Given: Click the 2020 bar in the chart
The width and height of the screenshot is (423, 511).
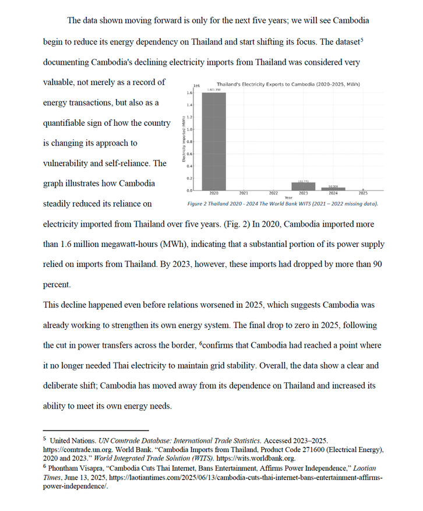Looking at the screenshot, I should click(x=214, y=142).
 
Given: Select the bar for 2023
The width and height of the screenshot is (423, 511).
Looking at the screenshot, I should click(x=303, y=186).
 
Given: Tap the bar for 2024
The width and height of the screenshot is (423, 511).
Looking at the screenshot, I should click(x=333, y=188).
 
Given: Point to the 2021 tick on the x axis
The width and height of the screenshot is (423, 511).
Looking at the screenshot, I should click(x=244, y=193).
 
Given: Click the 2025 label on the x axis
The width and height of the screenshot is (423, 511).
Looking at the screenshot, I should click(x=363, y=193).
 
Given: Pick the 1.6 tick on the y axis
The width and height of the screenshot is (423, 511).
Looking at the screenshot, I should click(x=190, y=93).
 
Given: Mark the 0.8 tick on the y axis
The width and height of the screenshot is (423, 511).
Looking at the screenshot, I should click(x=190, y=142).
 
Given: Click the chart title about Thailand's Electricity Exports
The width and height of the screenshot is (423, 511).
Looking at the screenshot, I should click(x=288, y=84).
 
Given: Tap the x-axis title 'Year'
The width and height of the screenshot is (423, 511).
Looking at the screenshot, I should click(x=288, y=198).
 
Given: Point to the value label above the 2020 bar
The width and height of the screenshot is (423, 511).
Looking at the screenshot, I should click(x=214, y=90).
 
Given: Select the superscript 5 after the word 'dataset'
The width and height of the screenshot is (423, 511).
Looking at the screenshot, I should click(x=362, y=40).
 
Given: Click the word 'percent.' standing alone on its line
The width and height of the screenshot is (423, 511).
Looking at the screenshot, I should click(x=58, y=284).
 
